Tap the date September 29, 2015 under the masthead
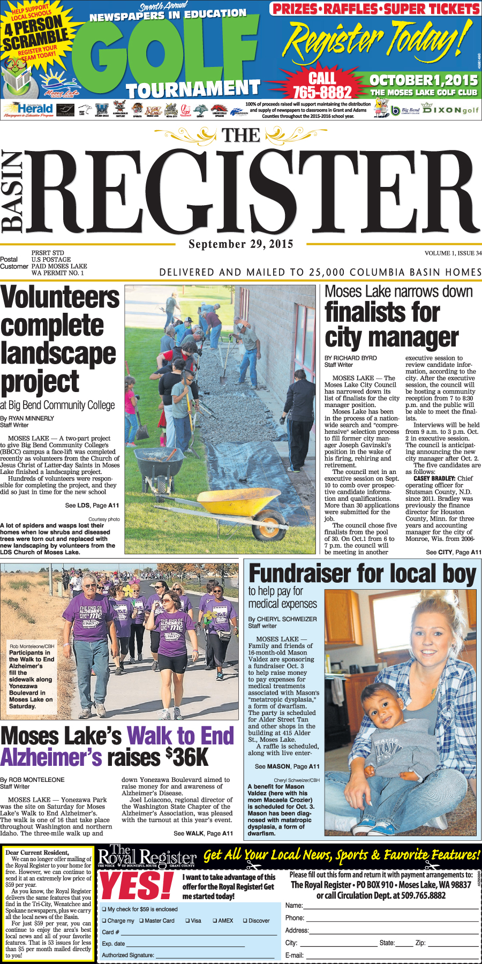coord(241,244)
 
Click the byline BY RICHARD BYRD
coord(350,358)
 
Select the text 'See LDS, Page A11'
coord(92,505)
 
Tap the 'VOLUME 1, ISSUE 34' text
coord(453,253)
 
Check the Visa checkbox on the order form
coord(187,921)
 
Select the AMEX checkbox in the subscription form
coord(215,921)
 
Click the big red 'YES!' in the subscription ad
coord(137,886)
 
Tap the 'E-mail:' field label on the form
coord(294,955)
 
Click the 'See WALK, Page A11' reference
coord(203,833)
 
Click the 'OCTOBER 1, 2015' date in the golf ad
coord(423,80)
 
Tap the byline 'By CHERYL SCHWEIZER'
coord(282,619)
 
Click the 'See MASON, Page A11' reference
coord(287,766)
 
